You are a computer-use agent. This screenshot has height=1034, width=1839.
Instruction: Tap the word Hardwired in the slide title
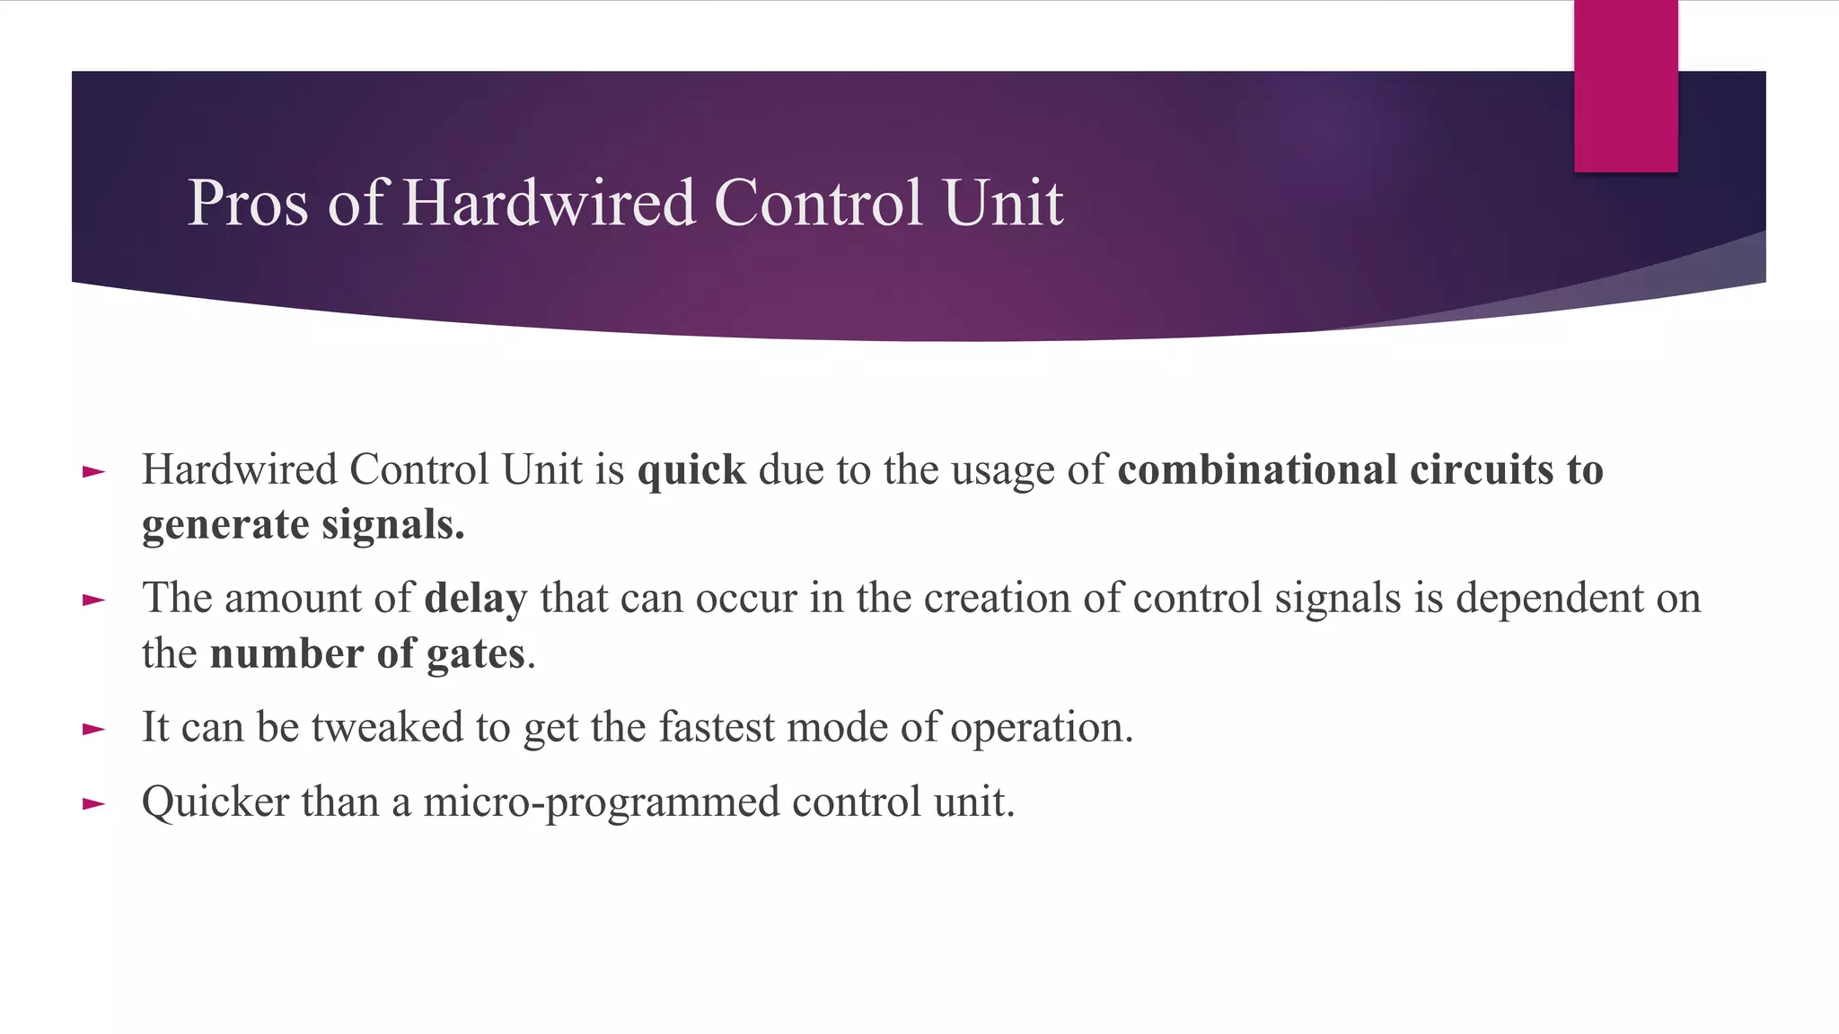coord(549,203)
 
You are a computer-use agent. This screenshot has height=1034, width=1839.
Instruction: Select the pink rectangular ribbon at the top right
coord(1625,86)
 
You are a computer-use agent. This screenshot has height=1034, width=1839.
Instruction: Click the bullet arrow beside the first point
coord(93,471)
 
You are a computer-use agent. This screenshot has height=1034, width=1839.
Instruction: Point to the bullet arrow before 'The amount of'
coord(93,600)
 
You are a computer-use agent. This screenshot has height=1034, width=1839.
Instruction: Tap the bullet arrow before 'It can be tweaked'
coord(93,729)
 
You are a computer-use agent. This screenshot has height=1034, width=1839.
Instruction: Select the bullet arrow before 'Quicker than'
coord(93,803)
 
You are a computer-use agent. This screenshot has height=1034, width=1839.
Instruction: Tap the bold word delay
coord(476,599)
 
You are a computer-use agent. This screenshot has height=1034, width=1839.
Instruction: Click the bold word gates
coord(476,654)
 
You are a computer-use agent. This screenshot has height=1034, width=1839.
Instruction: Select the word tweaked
coord(387,727)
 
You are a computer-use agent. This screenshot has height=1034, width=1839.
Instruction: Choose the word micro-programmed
coord(602,802)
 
